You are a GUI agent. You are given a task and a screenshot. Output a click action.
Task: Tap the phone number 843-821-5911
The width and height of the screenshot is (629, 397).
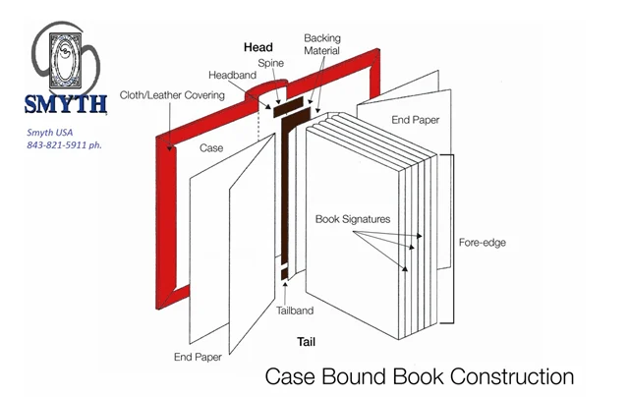73,144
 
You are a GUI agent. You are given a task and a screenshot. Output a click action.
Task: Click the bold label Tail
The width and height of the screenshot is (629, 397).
306,342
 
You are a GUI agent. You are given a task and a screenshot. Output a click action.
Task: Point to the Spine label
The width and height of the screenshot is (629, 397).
271,63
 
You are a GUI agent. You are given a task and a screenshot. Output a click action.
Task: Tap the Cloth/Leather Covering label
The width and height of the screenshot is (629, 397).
172,95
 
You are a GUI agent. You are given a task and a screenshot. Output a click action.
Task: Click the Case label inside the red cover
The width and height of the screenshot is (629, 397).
210,148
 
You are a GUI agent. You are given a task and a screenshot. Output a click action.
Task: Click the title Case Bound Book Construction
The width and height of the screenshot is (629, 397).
420,375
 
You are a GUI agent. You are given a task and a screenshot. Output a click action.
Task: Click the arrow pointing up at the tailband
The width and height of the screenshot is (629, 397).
284,288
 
